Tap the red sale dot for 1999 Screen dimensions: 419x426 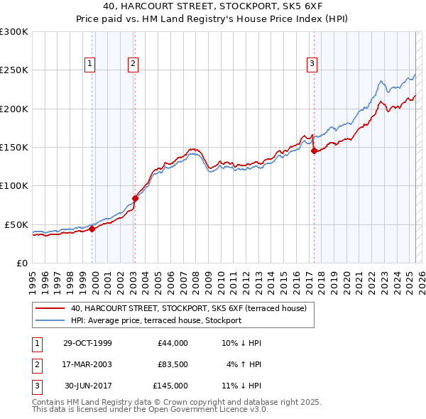point(92,229)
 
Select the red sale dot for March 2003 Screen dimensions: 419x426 point(135,198)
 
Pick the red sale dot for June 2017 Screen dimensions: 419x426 point(314,151)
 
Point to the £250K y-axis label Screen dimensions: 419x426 point(13,70)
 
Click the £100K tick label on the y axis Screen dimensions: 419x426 point(13,185)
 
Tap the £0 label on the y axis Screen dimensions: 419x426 point(21,263)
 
